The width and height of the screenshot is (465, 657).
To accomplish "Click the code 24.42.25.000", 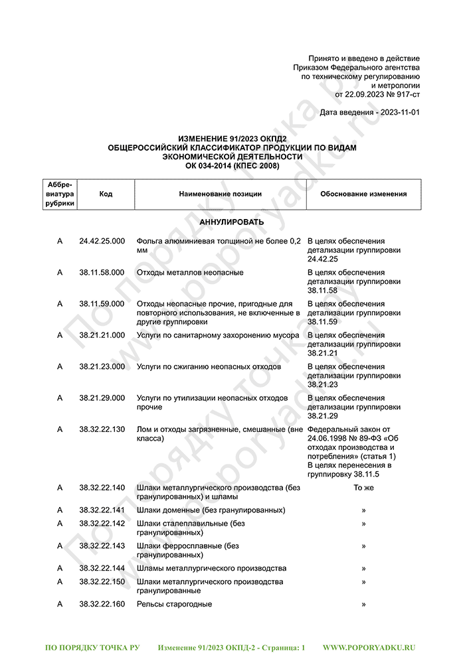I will [x=102, y=241].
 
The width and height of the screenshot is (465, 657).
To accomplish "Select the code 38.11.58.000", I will [x=102, y=272].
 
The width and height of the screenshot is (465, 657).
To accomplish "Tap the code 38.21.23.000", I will [x=102, y=366].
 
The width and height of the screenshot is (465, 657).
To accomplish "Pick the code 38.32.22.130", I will [x=102, y=429].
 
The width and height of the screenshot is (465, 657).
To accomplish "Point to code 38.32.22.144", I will [x=102, y=569].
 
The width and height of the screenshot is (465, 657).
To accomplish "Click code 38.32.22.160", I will [x=102, y=604].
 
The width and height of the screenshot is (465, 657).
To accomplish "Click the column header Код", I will [x=106, y=194].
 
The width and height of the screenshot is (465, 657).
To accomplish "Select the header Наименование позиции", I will [x=220, y=194].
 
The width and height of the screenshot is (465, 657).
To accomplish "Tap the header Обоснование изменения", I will [x=363, y=194].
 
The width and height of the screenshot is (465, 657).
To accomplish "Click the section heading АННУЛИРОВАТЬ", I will [x=232, y=222].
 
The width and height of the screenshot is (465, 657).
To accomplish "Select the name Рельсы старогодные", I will [x=174, y=604].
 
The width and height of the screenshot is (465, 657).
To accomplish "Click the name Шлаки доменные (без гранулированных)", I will [x=211, y=510].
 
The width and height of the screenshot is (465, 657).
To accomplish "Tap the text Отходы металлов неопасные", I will [x=190, y=272].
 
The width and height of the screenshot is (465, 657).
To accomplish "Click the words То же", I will [x=363, y=488].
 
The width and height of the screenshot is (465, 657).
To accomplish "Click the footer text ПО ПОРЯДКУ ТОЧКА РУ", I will [x=92, y=646].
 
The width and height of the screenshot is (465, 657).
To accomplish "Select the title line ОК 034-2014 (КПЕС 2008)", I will [x=232, y=165].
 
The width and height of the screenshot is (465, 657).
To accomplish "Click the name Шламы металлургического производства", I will [x=211, y=569].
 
